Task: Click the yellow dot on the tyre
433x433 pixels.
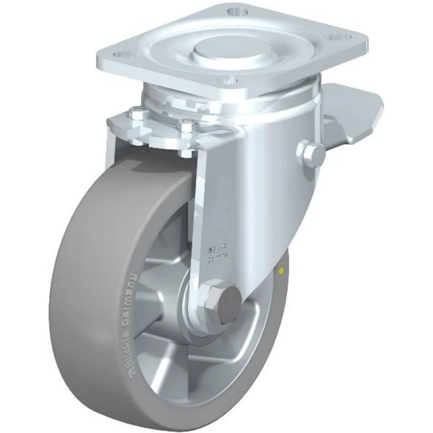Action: pos(282,271)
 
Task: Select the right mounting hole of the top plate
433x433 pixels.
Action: pos(339,37)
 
